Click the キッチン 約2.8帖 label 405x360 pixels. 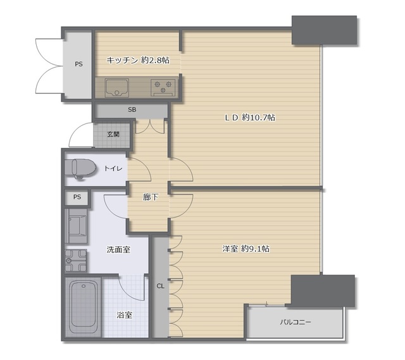[x=138, y=60]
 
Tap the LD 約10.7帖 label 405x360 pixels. [x=250, y=118]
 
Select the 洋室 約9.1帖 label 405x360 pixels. [x=246, y=249]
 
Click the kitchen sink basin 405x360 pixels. [x=116, y=88]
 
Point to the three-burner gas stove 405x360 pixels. [x=163, y=87]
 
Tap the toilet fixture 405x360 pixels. [x=80, y=169]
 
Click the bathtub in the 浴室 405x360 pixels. [x=83, y=307]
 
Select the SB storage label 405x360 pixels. [x=132, y=109]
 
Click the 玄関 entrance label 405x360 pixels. [x=113, y=134]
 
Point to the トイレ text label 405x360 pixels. [x=113, y=169]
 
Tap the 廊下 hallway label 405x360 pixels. [x=151, y=197]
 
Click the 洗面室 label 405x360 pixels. [x=118, y=250]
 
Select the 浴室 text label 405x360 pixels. [x=125, y=315]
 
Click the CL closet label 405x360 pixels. [x=160, y=286]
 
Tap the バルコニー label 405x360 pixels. [x=296, y=322]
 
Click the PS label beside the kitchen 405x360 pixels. [x=78, y=64]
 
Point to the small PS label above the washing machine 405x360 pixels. [x=77, y=197]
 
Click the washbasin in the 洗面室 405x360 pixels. [x=76, y=261]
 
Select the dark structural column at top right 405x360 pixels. [x=325, y=30]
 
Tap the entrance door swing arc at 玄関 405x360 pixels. [x=77, y=130]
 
